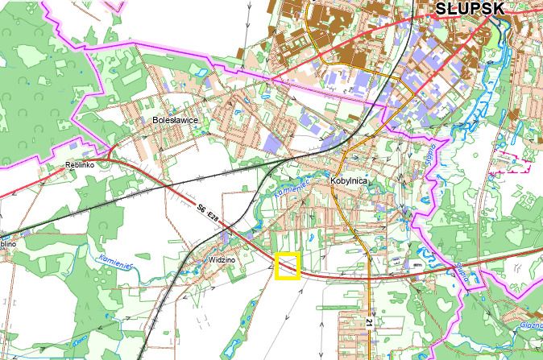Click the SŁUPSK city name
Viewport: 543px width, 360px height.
pos(470,9)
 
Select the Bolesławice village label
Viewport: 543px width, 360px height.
pos(175,120)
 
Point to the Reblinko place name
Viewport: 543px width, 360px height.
pos(80,166)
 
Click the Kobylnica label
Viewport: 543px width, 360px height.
pos(348,181)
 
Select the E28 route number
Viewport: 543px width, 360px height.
pos(213,218)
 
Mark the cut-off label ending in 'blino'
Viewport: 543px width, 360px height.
pos(6,242)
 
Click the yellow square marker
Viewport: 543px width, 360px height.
pos(288,266)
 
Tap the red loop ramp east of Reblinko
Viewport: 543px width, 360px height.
pos(108,151)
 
